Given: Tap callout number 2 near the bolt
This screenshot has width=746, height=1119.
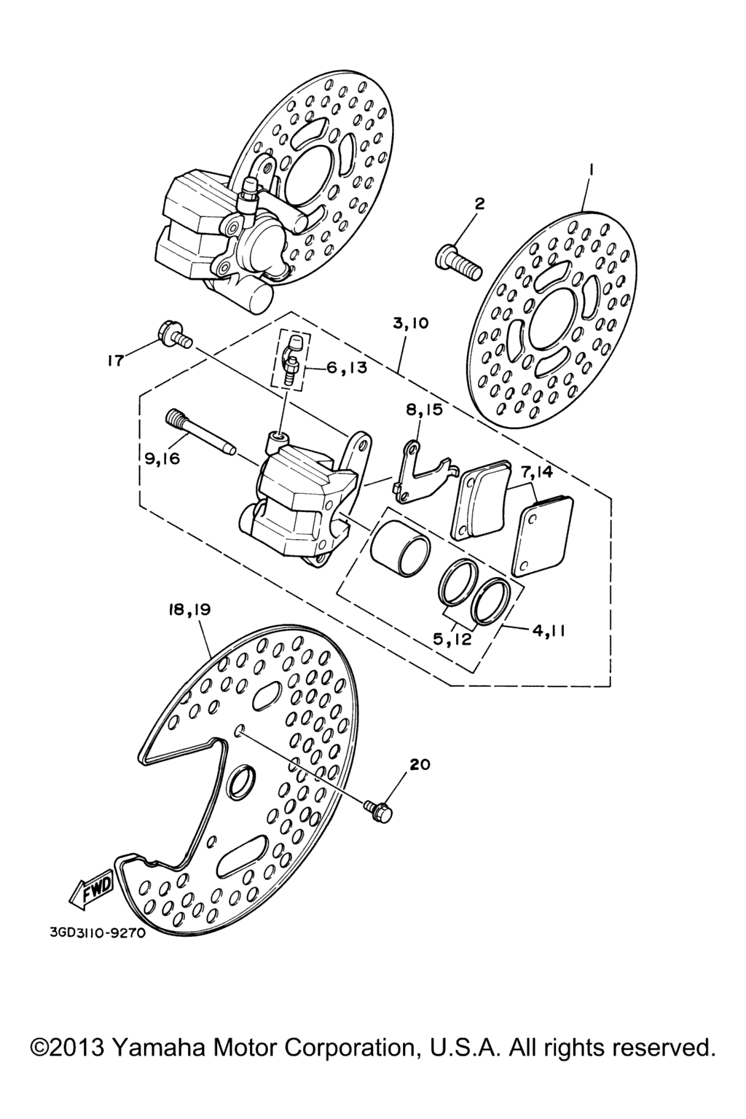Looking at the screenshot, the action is [x=479, y=203].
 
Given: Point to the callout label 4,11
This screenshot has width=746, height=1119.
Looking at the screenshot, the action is [x=548, y=631].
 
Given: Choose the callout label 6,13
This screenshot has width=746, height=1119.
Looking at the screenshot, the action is [x=346, y=368].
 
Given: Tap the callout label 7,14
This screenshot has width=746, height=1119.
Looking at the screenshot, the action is [x=536, y=471].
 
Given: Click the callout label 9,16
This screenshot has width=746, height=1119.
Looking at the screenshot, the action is [x=162, y=458].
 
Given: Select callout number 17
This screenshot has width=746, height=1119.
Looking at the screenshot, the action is [x=115, y=361].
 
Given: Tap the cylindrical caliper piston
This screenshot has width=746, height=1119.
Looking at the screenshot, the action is [x=400, y=548].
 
